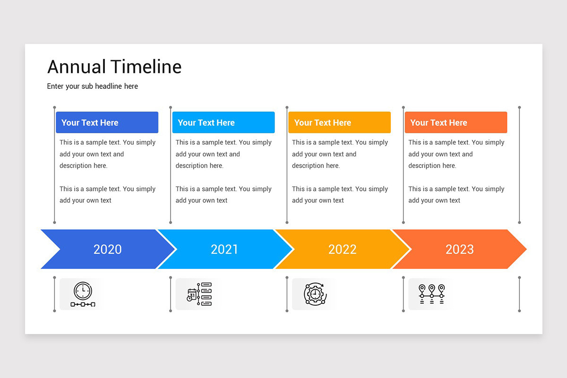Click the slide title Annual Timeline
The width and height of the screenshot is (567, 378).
point(114,67)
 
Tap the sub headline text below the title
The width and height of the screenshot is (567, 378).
point(93,86)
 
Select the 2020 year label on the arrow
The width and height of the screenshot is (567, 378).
point(107,249)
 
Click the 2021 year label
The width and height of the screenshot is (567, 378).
point(224,249)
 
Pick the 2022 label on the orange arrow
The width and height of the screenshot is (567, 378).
point(342,249)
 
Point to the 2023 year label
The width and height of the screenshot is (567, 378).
point(459,249)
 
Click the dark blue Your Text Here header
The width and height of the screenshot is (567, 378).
point(107,122)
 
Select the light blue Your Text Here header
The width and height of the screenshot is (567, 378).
point(223,122)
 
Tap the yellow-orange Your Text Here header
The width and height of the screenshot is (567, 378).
point(339,122)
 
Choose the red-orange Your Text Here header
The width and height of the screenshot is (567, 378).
point(455,122)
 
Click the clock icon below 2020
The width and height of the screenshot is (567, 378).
point(83,294)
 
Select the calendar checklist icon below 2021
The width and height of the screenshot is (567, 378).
point(199,294)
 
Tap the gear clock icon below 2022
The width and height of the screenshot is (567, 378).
point(315,294)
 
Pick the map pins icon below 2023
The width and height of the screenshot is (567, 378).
point(431,294)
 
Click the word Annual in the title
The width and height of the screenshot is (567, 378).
point(77,67)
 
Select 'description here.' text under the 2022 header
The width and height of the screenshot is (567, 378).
point(316,166)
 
